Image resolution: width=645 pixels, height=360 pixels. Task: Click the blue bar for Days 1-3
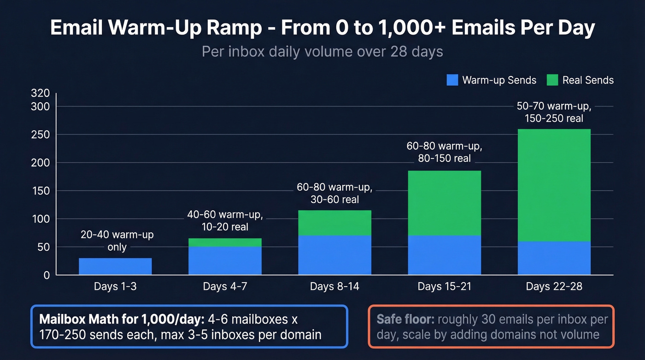click(x=115, y=266)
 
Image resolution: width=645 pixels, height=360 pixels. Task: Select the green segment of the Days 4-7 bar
click(x=225, y=242)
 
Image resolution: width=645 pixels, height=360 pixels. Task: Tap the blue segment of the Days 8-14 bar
click(x=334, y=255)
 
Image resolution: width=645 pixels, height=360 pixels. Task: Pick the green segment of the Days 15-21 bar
click(x=444, y=203)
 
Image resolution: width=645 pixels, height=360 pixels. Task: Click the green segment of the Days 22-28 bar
click(x=554, y=184)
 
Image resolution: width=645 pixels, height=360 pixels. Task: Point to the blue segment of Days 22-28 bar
click(x=554, y=258)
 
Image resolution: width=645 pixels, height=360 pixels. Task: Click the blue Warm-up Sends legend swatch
click(x=452, y=80)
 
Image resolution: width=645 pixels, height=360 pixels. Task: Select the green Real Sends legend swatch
click(x=552, y=80)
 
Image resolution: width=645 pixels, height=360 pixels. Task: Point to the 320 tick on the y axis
click(x=40, y=93)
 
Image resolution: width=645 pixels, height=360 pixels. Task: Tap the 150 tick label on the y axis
click(x=40, y=191)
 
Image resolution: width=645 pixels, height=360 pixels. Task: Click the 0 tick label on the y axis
click(x=46, y=275)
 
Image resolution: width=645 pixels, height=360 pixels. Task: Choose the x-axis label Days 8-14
click(x=334, y=287)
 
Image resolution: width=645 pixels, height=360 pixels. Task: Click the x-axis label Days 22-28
click(x=554, y=287)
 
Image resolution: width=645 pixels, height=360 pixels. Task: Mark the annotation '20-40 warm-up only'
click(x=117, y=241)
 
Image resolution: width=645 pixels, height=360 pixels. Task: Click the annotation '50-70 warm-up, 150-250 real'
click(x=553, y=112)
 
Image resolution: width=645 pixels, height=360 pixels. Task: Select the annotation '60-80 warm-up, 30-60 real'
click(x=334, y=194)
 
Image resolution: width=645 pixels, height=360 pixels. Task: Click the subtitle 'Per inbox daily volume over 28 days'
click(x=322, y=51)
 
